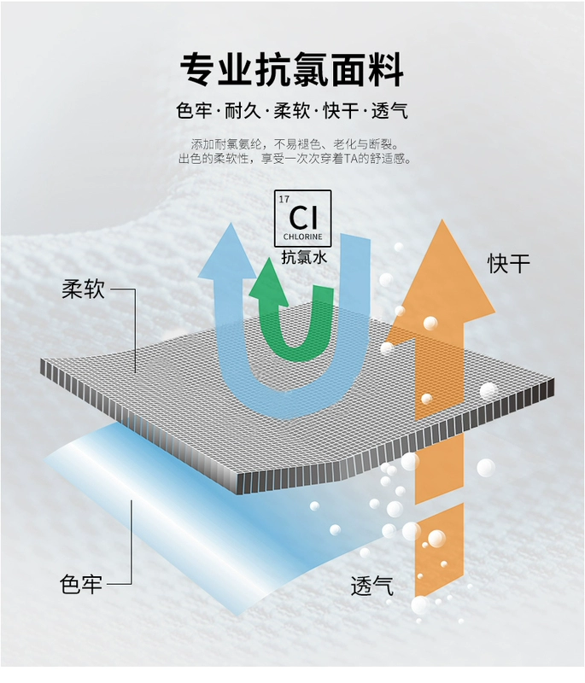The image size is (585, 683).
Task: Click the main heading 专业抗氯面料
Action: [292, 68]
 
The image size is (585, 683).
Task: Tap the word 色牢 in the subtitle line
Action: [193, 111]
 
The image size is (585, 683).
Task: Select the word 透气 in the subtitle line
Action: [389, 111]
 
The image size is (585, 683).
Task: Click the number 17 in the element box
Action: [284, 199]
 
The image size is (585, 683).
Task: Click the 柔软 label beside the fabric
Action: [83, 289]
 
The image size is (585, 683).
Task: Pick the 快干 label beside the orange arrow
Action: [509, 263]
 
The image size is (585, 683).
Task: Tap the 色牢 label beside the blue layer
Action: [81, 585]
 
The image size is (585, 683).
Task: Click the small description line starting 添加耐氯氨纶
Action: [295, 143]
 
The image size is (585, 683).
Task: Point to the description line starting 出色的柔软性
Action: [295, 159]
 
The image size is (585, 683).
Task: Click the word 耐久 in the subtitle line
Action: [242, 111]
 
